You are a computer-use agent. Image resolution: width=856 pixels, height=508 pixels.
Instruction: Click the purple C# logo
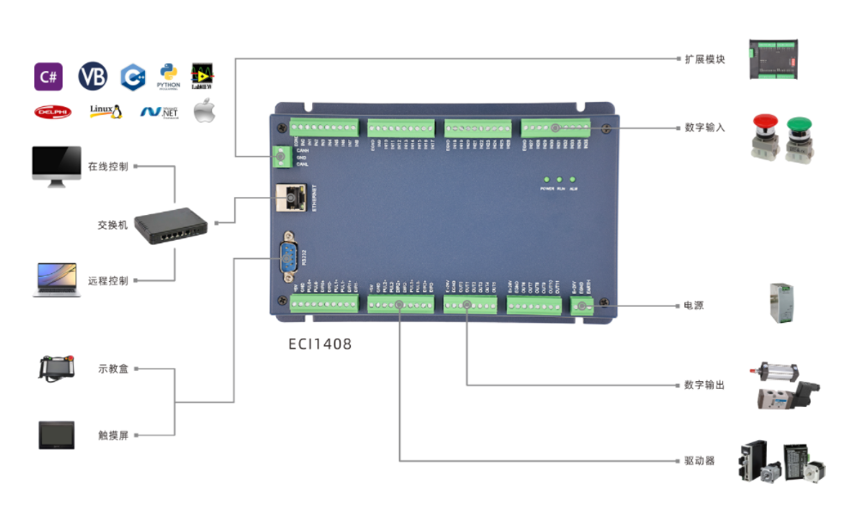(48, 77)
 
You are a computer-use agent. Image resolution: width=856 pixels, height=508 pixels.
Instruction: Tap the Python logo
(168, 76)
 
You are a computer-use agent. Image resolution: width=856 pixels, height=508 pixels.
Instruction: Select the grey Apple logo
(204, 111)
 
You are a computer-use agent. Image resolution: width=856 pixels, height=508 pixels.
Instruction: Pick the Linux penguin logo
(105, 111)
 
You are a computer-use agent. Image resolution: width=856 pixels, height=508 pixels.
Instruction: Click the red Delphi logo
(52, 111)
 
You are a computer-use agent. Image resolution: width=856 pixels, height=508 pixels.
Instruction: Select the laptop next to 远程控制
(56, 280)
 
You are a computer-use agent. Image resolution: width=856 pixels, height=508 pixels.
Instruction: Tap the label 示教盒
(113, 369)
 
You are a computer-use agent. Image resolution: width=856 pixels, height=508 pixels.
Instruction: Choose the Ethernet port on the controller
(291, 198)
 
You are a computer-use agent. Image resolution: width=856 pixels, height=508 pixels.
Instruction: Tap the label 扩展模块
(705, 59)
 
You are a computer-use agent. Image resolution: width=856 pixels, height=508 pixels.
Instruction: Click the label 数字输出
(705, 385)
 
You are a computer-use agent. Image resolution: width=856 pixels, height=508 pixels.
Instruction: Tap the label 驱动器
(699, 461)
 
